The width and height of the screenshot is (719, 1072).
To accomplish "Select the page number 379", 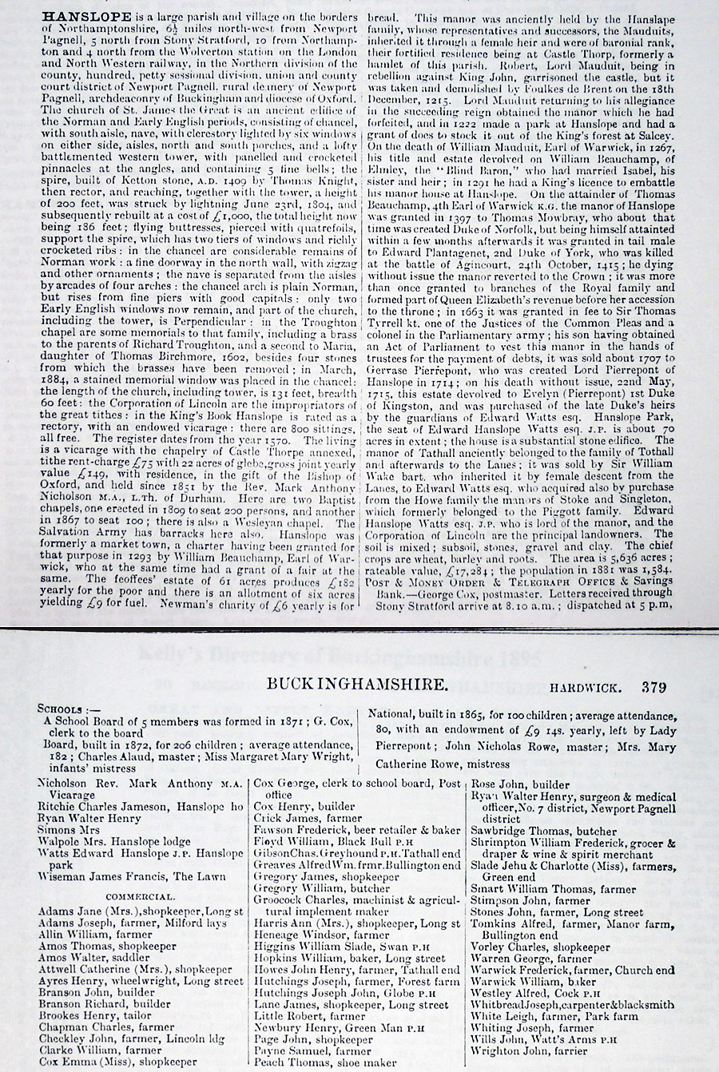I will [652, 687].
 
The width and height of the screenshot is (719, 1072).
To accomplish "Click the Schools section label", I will [70, 709].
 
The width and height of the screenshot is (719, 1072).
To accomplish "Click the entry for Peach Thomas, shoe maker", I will [324, 1062].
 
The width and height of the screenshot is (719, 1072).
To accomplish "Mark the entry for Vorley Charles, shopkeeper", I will [540, 947].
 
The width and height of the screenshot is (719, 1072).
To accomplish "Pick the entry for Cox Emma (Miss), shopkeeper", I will [117, 1062].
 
